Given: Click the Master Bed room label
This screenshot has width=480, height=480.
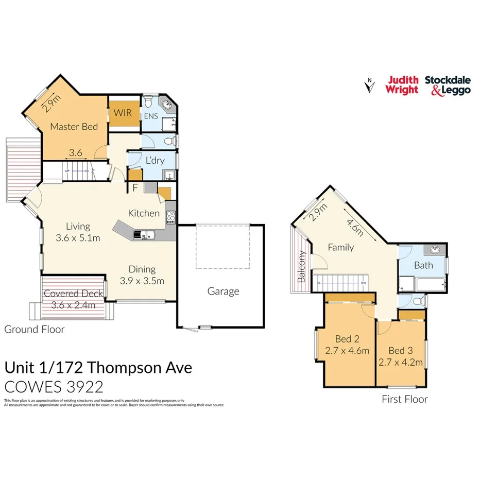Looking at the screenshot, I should point(74,127).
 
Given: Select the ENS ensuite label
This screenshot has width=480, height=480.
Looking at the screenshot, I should point(151,116).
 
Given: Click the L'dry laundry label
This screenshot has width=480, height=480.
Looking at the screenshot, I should point(155,160).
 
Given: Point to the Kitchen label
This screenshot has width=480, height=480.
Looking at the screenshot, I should point(144,213).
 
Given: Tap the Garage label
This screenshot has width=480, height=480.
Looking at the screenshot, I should point(223,291).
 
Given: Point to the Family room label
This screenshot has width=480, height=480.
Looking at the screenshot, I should point(341,247).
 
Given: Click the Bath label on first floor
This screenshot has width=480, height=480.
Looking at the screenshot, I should point(423,266).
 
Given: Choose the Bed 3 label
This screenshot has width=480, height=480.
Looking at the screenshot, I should point(400,351).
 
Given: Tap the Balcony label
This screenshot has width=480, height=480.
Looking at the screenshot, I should point(302,267).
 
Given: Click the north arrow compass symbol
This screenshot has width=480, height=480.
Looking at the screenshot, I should point(368,85).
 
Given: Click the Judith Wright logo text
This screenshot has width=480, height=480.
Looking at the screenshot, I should point(403,85).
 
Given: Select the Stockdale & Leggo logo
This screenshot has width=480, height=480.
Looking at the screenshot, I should point(448,85).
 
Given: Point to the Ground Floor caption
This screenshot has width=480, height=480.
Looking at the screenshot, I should point(35,329).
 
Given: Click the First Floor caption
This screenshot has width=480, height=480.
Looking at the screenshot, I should point(404,399).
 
